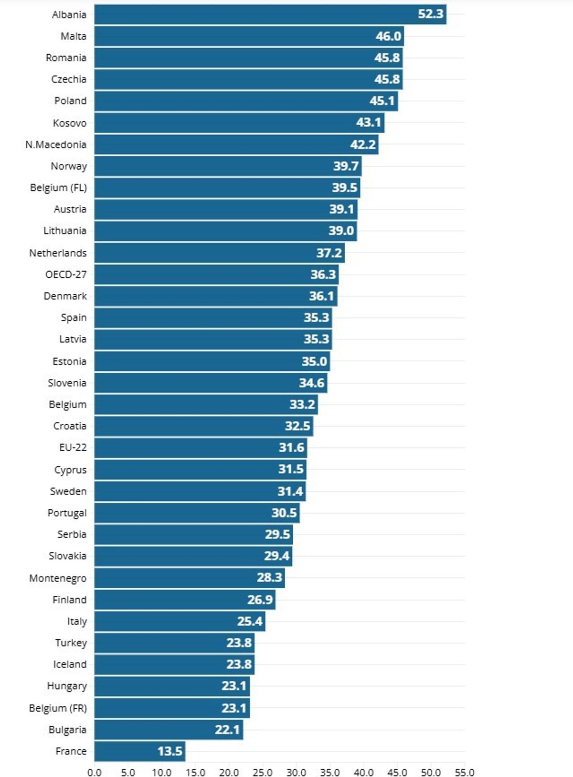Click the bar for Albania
[270, 14]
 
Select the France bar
[139, 751]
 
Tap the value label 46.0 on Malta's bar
[388, 36]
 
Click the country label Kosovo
[70, 123]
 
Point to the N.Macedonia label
[56, 144]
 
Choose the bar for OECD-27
[216, 274]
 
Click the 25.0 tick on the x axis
[262, 772]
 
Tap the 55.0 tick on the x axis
[464, 772]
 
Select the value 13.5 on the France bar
[170, 751]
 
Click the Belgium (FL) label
[58, 187]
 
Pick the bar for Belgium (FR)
[172, 708]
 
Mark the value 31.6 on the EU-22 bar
[291, 447]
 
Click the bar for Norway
[227, 166]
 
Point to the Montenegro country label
[58, 578]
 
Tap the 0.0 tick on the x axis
[95, 772]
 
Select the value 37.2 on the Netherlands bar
[329, 253]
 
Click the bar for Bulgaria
[168, 730]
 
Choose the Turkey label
[71, 643]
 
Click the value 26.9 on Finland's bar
[260, 600]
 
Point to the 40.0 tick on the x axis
[363, 772]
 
